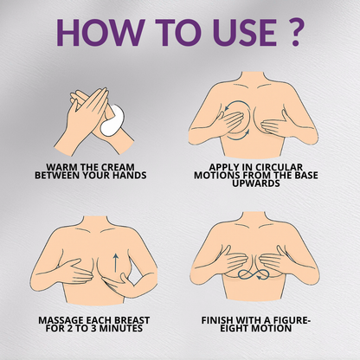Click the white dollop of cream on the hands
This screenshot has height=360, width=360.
[113, 121]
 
